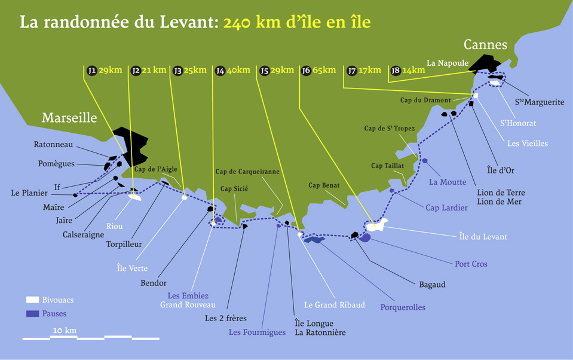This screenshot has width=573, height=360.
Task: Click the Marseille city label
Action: [x=69, y=118]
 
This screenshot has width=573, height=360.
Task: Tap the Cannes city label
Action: [x=485, y=45]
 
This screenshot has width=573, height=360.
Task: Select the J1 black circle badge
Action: [x=91, y=71]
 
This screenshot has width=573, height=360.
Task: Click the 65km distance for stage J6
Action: [x=324, y=70]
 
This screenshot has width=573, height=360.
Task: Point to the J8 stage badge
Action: [x=395, y=71]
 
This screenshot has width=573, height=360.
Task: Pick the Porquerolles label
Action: [x=403, y=307]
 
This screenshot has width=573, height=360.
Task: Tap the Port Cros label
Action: [x=471, y=264]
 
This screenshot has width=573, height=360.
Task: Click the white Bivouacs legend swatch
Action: [x=32, y=300]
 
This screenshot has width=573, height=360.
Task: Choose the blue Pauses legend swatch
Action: [x=32, y=313]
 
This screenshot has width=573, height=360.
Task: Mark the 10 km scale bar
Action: [x=91, y=338]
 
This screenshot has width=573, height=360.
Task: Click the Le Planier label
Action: [x=29, y=193]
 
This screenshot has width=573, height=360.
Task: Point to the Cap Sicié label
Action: [x=234, y=188]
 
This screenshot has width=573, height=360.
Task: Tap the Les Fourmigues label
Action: [x=257, y=332]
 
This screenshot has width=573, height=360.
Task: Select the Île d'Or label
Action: [x=500, y=170]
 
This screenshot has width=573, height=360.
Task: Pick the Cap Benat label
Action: [x=324, y=185]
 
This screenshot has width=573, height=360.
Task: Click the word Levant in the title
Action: [x=187, y=23]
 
